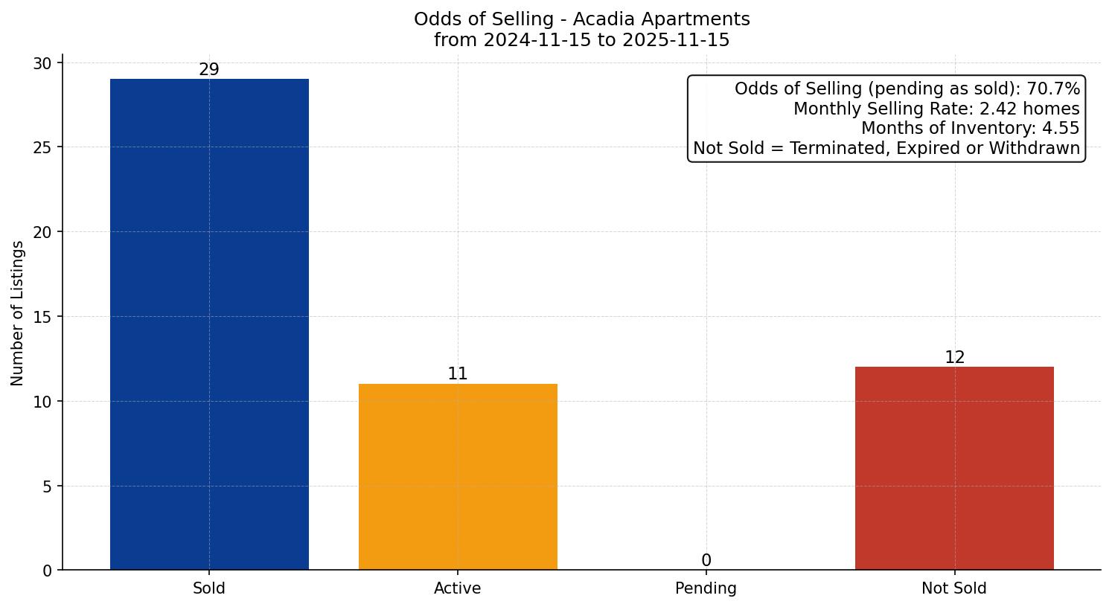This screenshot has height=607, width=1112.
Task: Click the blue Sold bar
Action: click(209, 324)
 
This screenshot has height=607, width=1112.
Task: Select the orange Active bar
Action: click(458, 477)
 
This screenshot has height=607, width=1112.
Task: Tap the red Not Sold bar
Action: click(954, 469)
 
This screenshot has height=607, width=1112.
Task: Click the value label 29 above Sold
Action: click(209, 70)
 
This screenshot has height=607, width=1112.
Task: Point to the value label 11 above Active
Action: click(458, 374)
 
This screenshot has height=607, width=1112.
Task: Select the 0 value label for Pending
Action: click(706, 561)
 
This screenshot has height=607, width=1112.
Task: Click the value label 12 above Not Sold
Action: click(954, 358)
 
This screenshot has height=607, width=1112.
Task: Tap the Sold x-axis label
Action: click(209, 588)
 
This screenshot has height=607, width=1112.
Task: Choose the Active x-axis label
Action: click(458, 588)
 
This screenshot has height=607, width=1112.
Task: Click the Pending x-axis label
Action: click(706, 588)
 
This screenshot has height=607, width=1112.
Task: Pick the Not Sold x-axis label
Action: click(954, 588)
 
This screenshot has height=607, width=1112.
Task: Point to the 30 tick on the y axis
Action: click(42, 63)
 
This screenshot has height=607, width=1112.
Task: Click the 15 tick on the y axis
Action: click(42, 317)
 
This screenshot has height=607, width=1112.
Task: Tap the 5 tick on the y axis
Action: click(47, 486)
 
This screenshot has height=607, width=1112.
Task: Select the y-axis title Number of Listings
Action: click(18, 313)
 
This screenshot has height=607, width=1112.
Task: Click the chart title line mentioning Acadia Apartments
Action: click(581, 19)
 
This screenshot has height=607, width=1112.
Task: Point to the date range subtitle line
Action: click(581, 40)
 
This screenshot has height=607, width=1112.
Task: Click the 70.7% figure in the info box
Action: click(1053, 89)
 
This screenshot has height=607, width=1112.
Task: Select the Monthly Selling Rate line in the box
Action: click(936, 109)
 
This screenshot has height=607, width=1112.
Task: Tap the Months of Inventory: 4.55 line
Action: click(970, 128)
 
